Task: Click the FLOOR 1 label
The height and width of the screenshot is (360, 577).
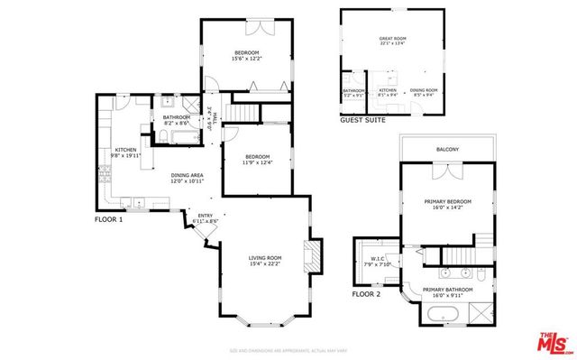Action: pyautogui.click(x=108, y=219)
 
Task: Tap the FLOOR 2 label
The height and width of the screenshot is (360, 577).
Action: pyautogui.click(x=366, y=294)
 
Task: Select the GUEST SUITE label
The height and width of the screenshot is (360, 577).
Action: pyautogui.click(x=362, y=119)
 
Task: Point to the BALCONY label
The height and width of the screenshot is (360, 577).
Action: pyautogui.click(x=447, y=149)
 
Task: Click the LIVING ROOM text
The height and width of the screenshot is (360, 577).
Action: pyautogui.click(x=266, y=258)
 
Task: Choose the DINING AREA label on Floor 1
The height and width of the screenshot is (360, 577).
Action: pyautogui.click(x=188, y=176)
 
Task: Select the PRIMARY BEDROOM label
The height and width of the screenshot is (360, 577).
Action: pyautogui.click(x=447, y=201)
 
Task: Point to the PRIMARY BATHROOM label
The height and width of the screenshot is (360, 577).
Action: pyautogui.click(x=447, y=290)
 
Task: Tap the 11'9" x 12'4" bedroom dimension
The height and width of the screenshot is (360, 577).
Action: pyautogui.click(x=256, y=162)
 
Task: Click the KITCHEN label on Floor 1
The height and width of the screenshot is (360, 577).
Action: pyautogui.click(x=124, y=150)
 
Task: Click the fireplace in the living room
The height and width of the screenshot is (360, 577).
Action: pyautogui.click(x=312, y=255)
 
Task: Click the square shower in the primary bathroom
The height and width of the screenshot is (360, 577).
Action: pyautogui.click(x=481, y=312)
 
